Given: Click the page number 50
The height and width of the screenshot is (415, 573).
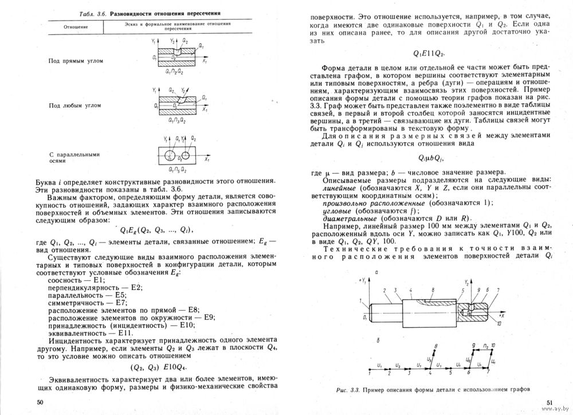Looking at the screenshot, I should click(x=40, y=402).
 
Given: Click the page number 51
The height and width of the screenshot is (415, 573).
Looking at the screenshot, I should click(x=548, y=402).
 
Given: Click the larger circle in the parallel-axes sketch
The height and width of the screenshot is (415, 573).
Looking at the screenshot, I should click(x=170, y=156).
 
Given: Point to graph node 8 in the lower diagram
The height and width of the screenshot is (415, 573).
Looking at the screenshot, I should click(x=437, y=346).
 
